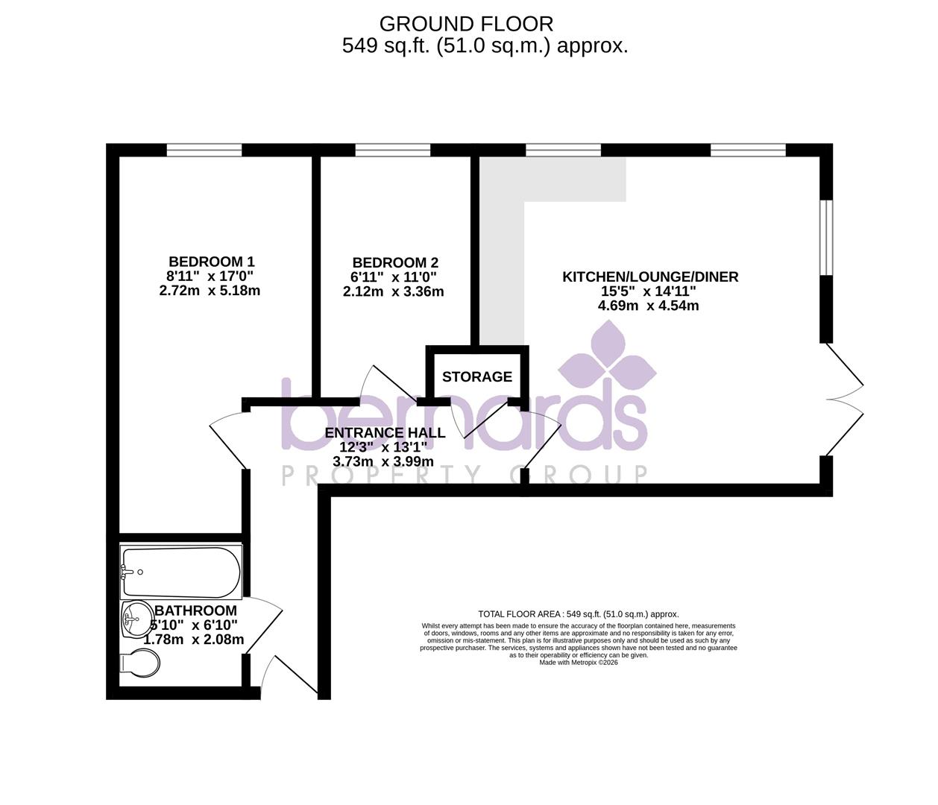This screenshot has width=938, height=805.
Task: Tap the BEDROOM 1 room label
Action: coord(212,262)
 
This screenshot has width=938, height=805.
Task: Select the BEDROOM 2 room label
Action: coord(395,262)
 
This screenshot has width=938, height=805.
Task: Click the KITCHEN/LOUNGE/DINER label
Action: coord(650,277)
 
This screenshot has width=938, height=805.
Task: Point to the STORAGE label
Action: coord(477,377)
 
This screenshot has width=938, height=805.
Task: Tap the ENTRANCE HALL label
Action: coord(385,433)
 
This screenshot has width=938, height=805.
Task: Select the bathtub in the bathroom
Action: coord(181,573)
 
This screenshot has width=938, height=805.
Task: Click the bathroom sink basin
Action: coord(133,619)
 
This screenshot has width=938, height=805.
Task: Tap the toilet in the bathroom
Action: coord(139,662)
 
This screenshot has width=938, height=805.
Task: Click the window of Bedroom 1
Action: coord(204,150)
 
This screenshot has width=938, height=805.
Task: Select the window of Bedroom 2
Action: coord(393,150)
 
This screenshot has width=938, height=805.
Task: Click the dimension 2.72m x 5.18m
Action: coord(210,291)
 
